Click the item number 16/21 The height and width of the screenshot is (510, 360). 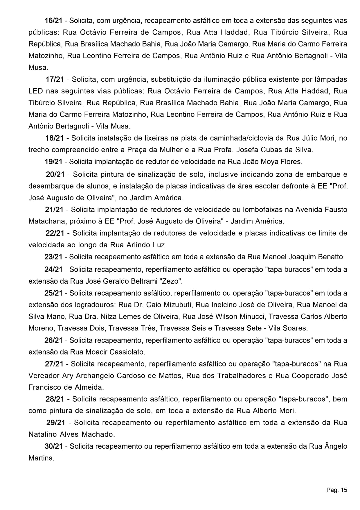[x=54, y=21]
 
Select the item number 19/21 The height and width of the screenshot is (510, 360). [x=53, y=162]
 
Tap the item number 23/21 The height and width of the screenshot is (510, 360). [x=53, y=257]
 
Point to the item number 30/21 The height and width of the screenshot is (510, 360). [x=54, y=446]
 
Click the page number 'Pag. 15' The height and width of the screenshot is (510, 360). [x=336, y=490]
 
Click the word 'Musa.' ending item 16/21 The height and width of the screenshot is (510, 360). [x=38, y=68]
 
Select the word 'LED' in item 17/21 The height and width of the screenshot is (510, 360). [x=35, y=91]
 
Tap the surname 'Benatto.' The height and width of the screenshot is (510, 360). [x=330, y=257]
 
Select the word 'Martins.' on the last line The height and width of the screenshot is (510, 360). [x=41, y=458]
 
